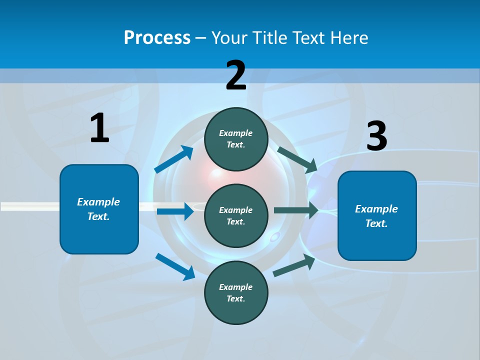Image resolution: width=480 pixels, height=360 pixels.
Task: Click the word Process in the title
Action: pos(157,38)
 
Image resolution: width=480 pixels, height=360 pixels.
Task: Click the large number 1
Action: pos(99,128)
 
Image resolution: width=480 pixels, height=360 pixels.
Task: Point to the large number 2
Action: pos(236,75)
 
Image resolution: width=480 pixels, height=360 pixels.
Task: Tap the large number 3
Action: pos(376,136)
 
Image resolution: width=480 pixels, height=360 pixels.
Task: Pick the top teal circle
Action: pos(236,139)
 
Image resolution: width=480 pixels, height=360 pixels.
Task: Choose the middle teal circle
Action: pos(236,215)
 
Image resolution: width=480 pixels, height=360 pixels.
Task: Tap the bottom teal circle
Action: pos(236,292)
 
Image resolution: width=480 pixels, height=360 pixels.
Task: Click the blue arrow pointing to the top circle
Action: pos(174,159)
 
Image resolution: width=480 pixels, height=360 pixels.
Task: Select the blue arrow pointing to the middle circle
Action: pos(175,212)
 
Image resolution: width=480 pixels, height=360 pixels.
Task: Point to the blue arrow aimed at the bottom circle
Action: pos(175,266)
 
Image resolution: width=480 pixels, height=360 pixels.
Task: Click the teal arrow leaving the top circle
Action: pos(297,159)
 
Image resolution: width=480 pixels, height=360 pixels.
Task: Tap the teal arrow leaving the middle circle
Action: pos(296,210)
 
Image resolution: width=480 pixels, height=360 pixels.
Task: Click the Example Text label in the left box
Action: pos(98,209)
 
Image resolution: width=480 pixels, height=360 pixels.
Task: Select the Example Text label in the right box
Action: pos(376,216)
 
